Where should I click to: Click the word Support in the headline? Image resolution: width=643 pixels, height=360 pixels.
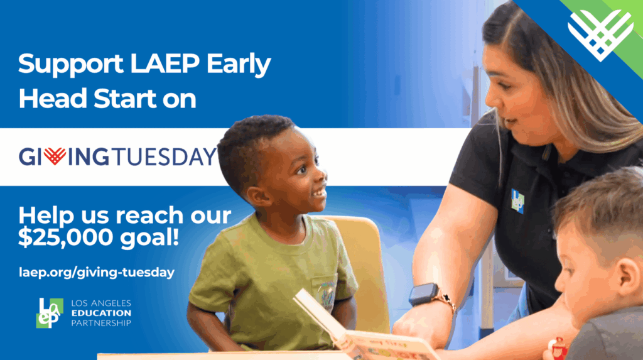(x=70, y=64)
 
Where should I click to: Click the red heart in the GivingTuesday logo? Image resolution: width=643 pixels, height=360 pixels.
(x=55, y=156)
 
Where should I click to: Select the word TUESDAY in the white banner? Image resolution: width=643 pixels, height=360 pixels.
(x=164, y=157)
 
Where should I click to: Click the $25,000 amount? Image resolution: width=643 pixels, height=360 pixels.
(x=65, y=237)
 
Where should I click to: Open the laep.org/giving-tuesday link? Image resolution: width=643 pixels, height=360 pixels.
(x=97, y=272)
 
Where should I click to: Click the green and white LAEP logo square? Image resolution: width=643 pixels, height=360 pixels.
(x=50, y=313)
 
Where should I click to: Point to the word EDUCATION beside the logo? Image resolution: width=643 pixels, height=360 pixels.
(x=101, y=313)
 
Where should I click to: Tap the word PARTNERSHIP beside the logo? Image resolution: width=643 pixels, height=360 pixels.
(x=101, y=323)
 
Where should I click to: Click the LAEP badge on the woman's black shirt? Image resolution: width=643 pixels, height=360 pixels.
(x=517, y=200)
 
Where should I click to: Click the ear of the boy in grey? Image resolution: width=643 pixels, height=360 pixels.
(x=628, y=276)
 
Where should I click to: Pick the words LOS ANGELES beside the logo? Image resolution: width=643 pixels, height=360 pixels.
(x=101, y=303)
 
